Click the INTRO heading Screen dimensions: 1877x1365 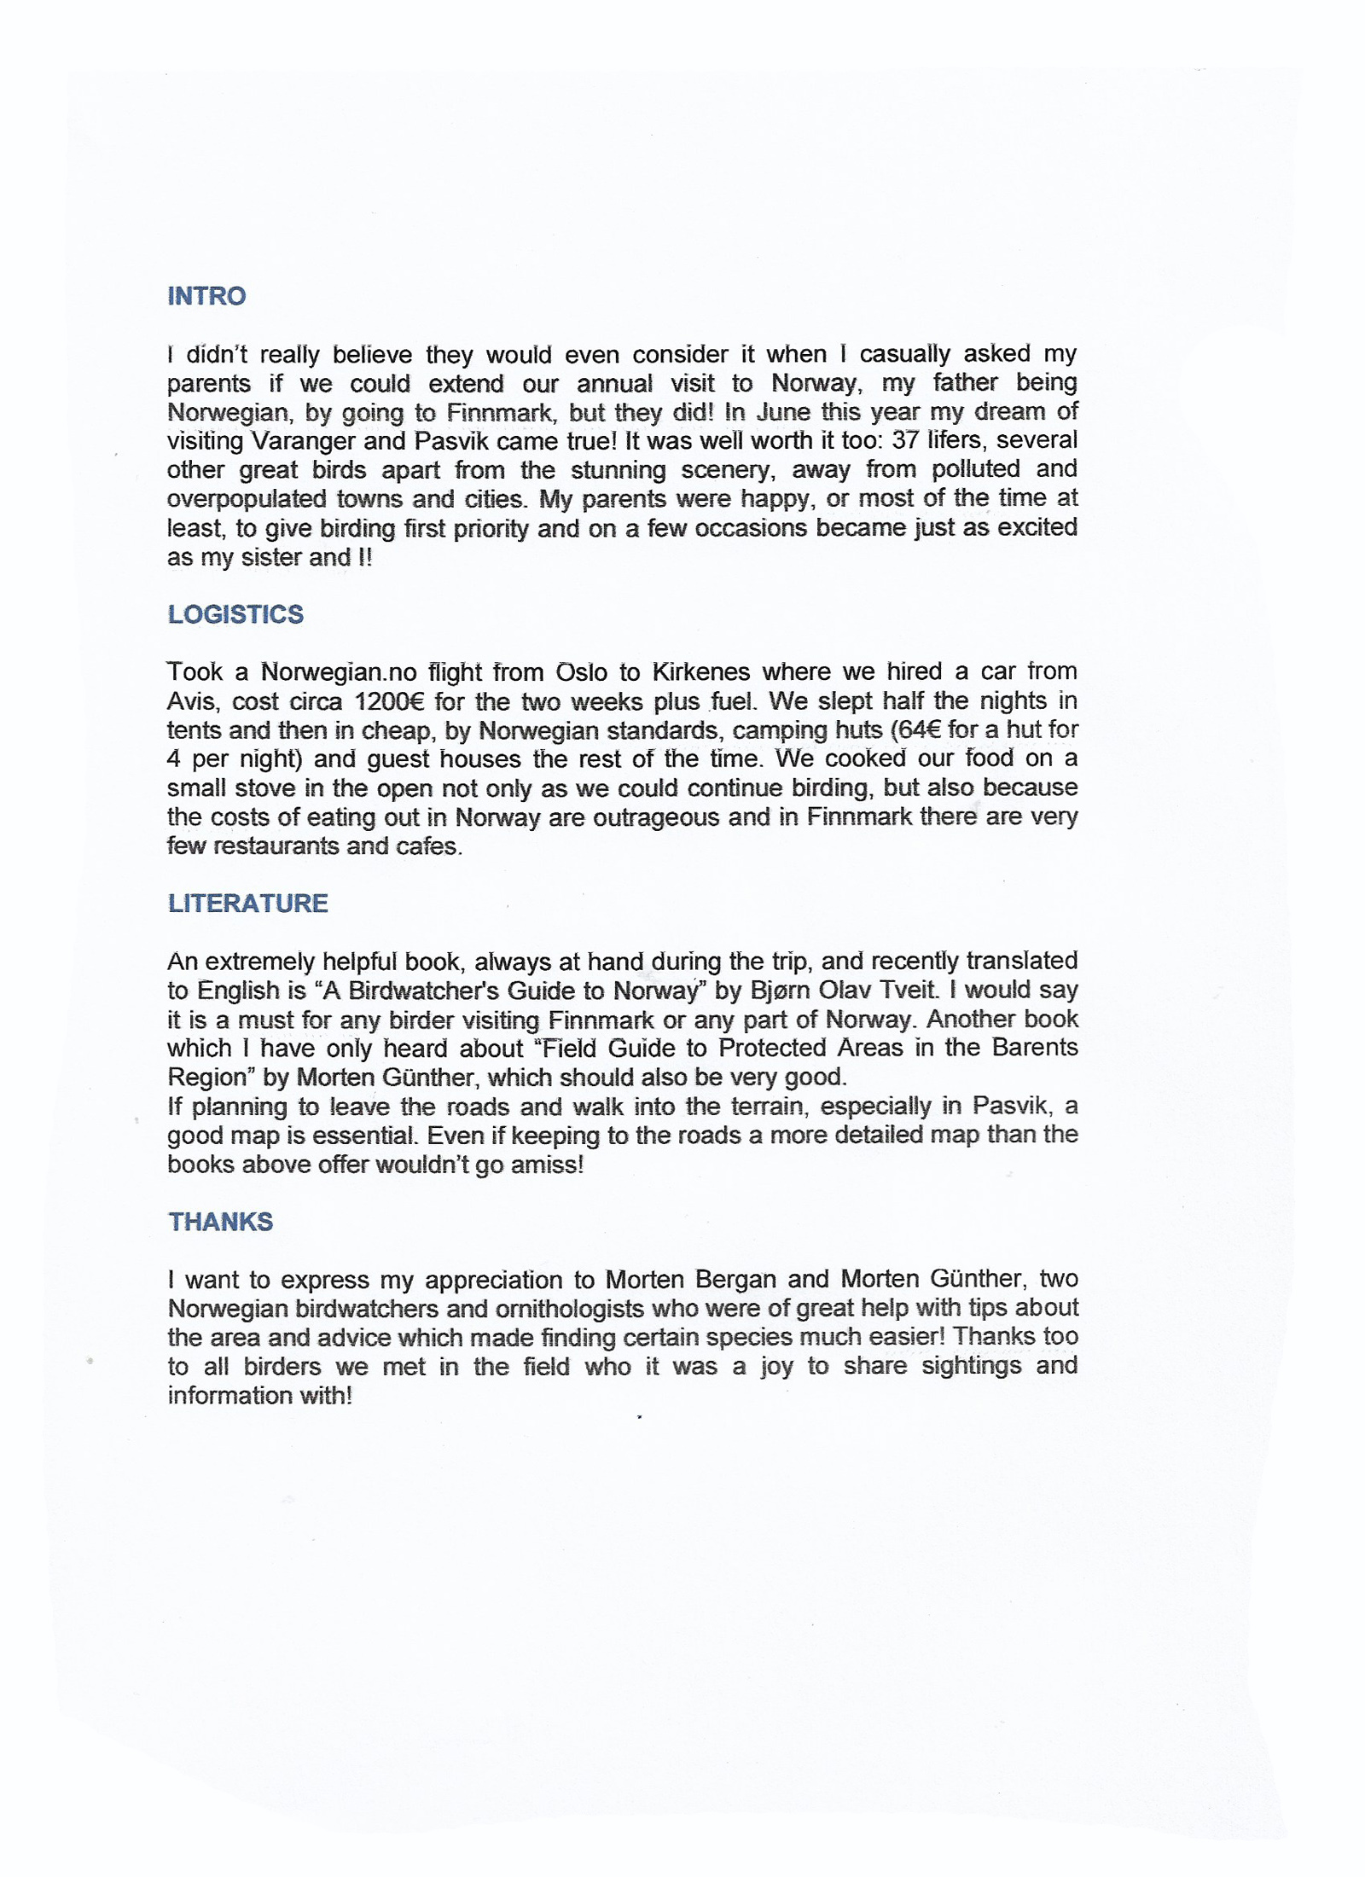click(x=206, y=296)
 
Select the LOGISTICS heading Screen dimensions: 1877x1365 click(x=235, y=614)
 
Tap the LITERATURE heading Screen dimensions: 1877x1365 click(x=247, y=904)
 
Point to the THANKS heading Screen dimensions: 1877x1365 click(x=220, y=1222)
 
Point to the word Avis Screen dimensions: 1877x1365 click(x=191, y=701)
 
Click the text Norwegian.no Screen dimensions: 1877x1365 click(x=338, y=672)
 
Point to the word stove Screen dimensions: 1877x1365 click(x=271, y=787)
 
